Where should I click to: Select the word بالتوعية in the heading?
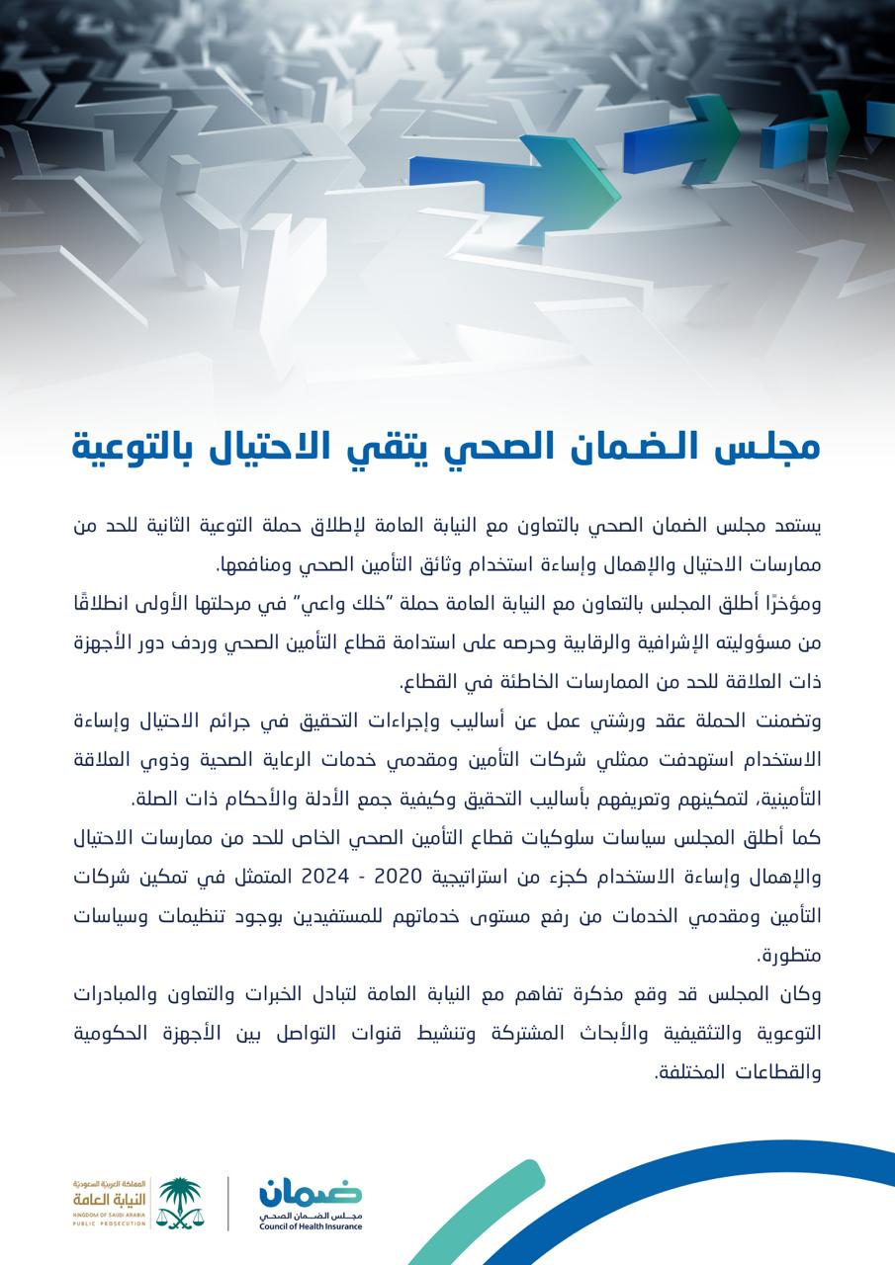(x=131, y=447)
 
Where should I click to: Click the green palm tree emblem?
(x=180, y=1201)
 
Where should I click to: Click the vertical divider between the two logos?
(x=229, y=1203)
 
